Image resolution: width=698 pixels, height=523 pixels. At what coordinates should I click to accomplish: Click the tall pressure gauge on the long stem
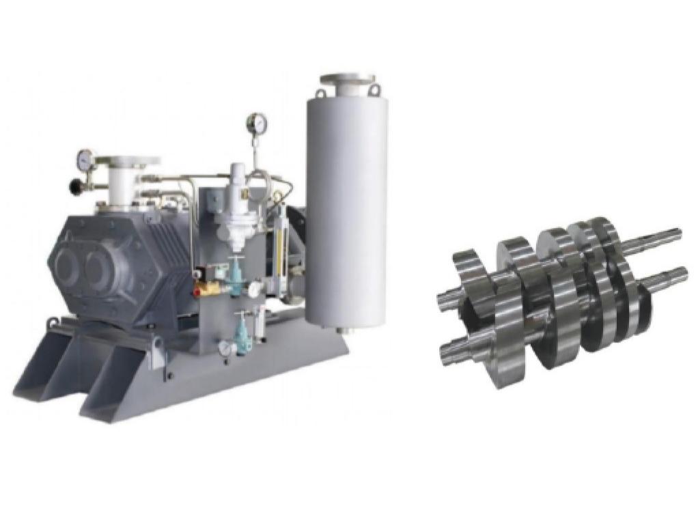coord(257,123)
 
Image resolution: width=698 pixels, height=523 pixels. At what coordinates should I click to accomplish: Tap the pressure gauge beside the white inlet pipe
coord(85,158)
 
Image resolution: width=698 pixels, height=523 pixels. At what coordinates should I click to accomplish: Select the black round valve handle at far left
coord(74,185)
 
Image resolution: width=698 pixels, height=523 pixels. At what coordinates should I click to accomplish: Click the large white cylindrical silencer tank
coord(346,212)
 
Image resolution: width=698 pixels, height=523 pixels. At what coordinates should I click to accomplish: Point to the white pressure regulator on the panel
coord(236,205)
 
